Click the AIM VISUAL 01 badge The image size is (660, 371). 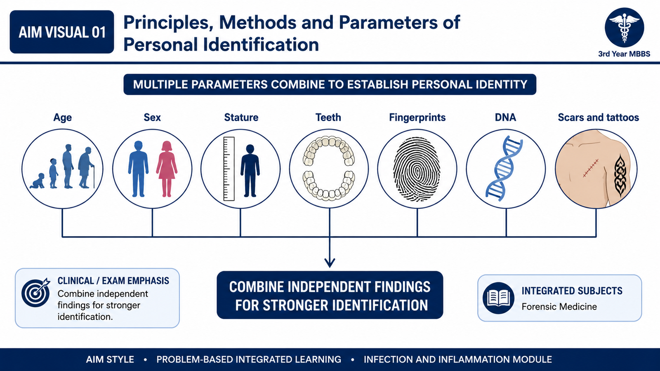point(62,32)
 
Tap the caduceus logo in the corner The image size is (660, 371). point(624,27)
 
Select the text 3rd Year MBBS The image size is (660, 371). point(624,54)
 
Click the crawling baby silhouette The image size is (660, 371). point(38,181)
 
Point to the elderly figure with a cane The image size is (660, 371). point(86,167)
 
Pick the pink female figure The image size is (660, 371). point(167,169)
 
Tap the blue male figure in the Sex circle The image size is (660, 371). point(138,169)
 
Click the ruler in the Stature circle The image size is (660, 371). point(229,169)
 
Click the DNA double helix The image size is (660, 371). point(504,169)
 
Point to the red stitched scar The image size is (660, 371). point(591,169)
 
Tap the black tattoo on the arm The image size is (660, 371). point(620,175)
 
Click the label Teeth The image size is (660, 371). point(328,117)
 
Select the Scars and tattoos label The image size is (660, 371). point(598,117)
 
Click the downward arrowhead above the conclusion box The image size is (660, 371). point(330,263)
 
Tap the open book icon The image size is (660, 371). point(498,298)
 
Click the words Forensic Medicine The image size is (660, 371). point(559,307)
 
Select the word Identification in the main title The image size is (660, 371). point(261,45)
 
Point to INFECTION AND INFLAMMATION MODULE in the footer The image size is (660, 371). point(457,359)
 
